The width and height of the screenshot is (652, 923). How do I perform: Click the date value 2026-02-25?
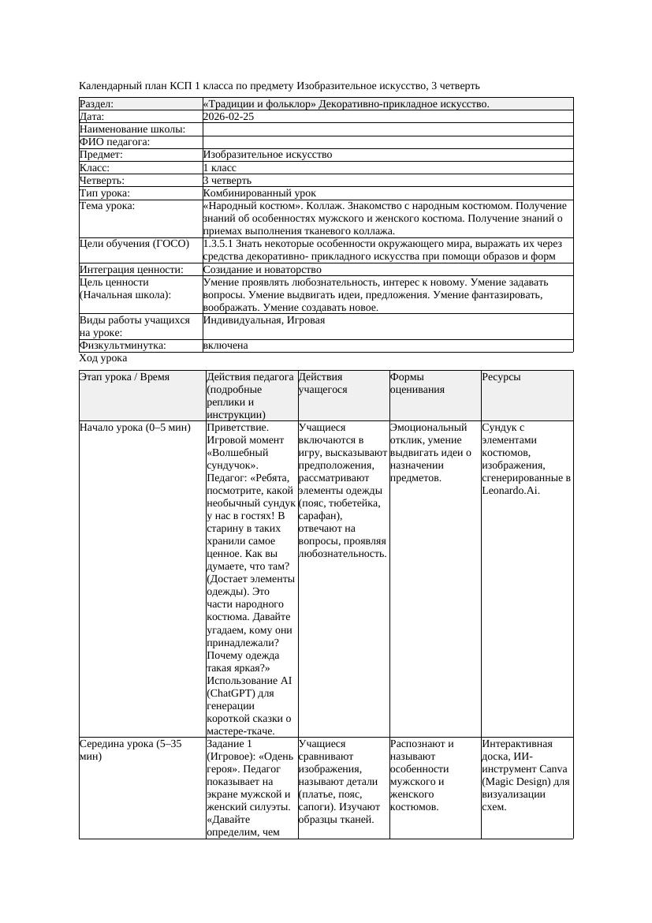(x=229, y=117)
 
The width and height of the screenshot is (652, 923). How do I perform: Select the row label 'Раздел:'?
(x=97, y=104)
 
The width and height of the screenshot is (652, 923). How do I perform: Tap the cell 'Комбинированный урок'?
(x=259, y=193)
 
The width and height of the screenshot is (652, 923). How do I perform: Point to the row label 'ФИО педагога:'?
(x=115, y=142)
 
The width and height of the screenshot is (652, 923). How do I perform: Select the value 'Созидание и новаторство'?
(x=262, y=270)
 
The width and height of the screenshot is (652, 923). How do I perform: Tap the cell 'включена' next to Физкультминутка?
(x=225, y=346)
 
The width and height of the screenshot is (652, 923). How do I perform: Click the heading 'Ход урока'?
(x=103, y=358)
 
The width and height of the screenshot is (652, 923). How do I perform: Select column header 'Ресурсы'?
(x=501, y=377)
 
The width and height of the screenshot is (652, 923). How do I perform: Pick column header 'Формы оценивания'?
(x=418, y=383)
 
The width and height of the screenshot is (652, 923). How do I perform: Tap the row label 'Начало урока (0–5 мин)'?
(x=135, y=428)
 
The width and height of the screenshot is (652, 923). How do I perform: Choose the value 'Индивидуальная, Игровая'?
(x=263, y=320)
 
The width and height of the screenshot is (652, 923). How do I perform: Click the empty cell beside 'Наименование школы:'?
(x=386, y=129)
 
